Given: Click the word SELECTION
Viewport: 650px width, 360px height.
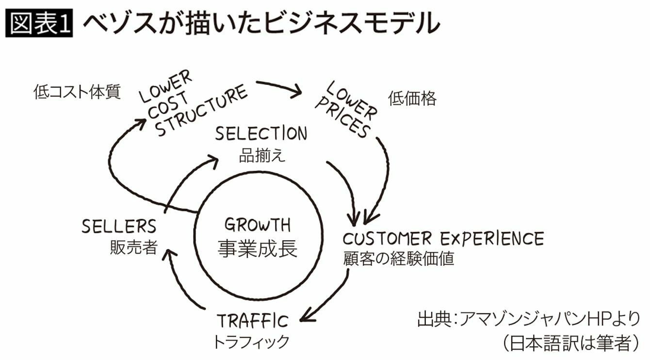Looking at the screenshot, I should point(261,133).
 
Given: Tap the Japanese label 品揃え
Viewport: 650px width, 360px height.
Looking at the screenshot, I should point(262,156).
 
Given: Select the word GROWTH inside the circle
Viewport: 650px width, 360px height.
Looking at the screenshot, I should point(258,225).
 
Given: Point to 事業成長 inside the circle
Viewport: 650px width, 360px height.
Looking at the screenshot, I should point(258,249).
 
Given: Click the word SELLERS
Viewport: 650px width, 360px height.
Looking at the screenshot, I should point(119,227).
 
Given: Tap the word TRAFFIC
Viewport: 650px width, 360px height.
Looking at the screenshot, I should point(252,321).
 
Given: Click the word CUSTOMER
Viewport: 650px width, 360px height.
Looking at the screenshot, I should point(388,239).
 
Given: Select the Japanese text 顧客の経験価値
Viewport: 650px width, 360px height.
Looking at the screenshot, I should point(399,259).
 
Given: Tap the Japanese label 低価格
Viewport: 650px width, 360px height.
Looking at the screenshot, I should point(412,99).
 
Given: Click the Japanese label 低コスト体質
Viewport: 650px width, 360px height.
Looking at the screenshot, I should point(77,92).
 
